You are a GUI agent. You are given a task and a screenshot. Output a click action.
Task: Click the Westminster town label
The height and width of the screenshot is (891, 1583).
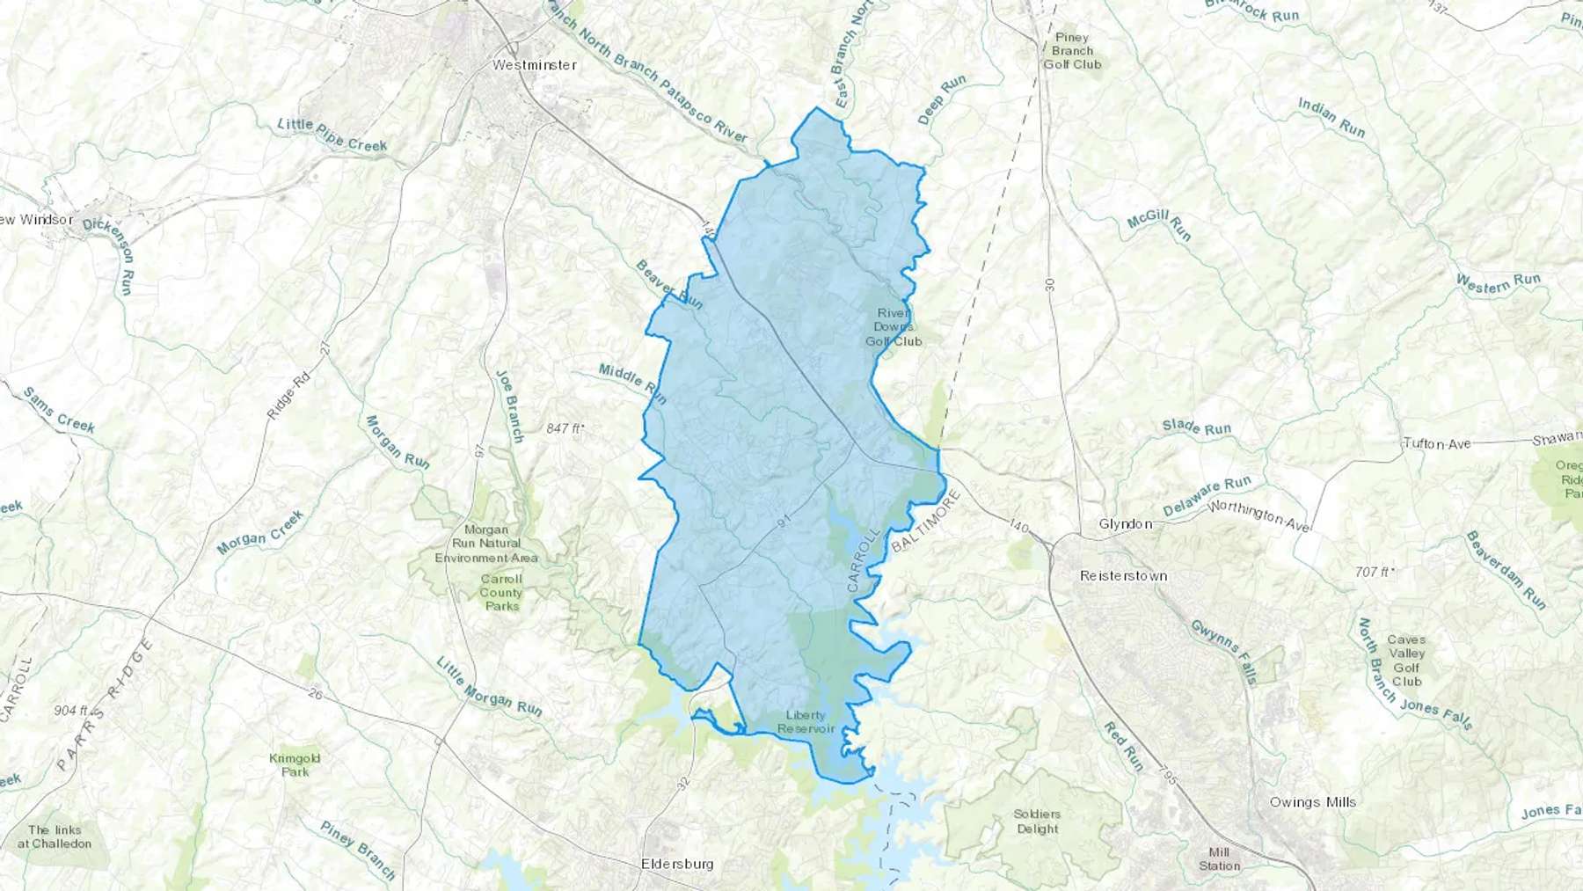pyautogui.click(x=534, y=65)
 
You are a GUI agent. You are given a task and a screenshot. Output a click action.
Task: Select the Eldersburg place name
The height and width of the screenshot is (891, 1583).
pyautogui.click(x=677, y=864)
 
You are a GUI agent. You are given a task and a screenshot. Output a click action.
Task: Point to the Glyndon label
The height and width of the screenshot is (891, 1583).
pyautogui.click(x=1125, y=524)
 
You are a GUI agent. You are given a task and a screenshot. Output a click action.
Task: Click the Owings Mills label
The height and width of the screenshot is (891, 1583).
pyautogui.click(x=1312, y=802)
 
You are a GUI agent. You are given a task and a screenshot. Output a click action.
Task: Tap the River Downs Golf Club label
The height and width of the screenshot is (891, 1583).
pyautogui.click(x=894, y=327)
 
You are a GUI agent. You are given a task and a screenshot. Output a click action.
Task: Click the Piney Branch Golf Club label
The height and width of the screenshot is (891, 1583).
pyautogui.click(x=1072, y=51)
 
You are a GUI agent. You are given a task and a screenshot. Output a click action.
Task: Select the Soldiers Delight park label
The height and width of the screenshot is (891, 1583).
pyautogui.click(x=1037, y=822)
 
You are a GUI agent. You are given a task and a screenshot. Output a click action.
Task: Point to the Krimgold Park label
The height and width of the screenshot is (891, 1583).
pyautogui.click(x=295, y=765)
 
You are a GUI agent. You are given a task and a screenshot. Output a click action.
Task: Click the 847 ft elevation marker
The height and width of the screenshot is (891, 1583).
pyautogui.click(x=565, y=428)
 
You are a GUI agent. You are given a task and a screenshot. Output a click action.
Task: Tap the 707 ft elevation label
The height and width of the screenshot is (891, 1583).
pyautogui.click(x=1374, y=572)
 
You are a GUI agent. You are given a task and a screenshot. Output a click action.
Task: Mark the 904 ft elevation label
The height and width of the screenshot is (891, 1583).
pyautogui.click(x=72, y=711)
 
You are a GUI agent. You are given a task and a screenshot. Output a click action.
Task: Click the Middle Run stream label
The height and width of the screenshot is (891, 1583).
pyautogui.click(x=632, y=383)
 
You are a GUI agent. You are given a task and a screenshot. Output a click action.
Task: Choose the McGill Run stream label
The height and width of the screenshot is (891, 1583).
pyautogui.click(x=1159, y=224)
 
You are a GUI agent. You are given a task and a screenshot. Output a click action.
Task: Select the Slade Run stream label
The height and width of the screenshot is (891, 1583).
pyautogui.click(x=1196, y=427)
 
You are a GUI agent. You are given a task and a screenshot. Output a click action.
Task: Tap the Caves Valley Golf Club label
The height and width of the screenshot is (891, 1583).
pyautogui.click(x=1406, y=660)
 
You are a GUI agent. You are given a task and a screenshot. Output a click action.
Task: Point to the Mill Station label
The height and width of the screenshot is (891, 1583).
pyautogui.click(x=1219, y=858)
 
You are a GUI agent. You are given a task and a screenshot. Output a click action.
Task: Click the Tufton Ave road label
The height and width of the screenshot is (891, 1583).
pyautogui.click(x=1436, y=444)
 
